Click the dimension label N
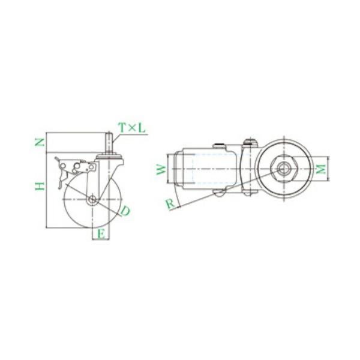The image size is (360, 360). point(40,142)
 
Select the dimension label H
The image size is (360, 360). point(40,186)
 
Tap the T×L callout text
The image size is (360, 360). point(132,128)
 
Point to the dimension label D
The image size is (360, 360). point(125,211)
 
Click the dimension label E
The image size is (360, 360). point(101,234)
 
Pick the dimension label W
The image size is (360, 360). point(161,169)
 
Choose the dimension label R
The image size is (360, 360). point(170,204)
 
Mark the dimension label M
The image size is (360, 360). point(321,169)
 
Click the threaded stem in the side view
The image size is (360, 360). point(109,143)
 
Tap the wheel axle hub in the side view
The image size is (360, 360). point(92,199)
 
